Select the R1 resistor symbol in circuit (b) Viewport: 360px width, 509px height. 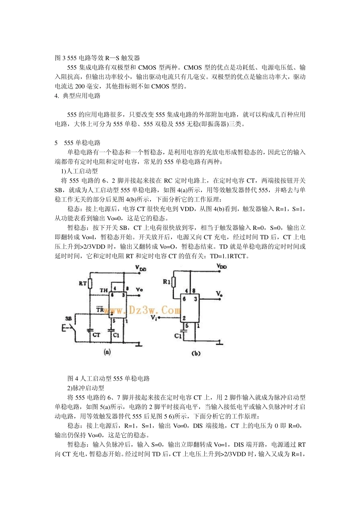click(x=174, y=282)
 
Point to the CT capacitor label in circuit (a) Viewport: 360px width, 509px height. click(x=96, y=335)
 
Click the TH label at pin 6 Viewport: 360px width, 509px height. click(x=103, y=290)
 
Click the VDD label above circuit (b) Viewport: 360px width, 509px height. click(x=222, y=267)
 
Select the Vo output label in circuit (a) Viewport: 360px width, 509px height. click(x=139, y=290)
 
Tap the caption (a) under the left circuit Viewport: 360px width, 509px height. click(x=107, y=352)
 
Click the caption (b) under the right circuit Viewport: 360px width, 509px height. click(x=196, y=353)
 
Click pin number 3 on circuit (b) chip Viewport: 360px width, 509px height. click(x=196, y=299)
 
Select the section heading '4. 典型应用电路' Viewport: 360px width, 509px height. click(x=78, y=96)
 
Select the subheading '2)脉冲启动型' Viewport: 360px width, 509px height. click(x=86, y=388)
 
